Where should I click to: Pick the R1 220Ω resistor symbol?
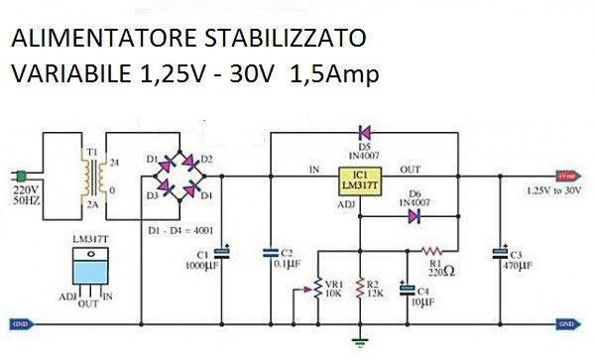(432, 250)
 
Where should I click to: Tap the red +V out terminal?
(567, 170)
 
